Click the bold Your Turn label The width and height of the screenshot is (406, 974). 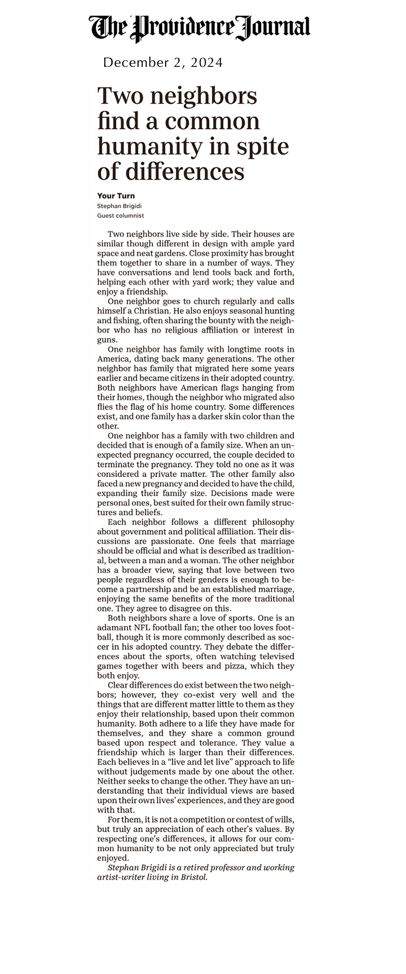point(116,196)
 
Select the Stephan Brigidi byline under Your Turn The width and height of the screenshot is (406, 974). point(119,206)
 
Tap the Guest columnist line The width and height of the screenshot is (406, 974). point(120,216)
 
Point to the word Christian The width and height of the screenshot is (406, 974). point(150,311)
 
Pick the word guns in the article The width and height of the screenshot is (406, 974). point(106,340)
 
